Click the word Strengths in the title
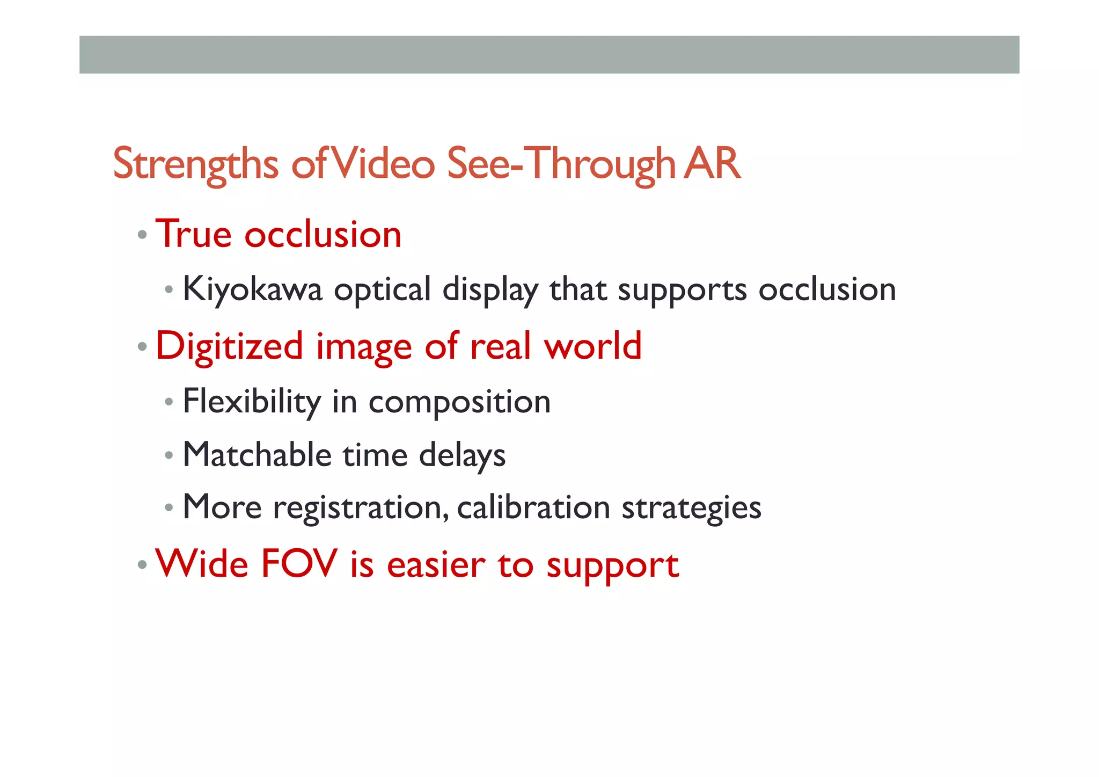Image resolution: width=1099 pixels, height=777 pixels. [x=195, y=164]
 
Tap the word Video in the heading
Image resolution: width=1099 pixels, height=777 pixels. [x=382, y=163]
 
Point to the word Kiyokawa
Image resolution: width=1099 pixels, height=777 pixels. [x=252, y=289]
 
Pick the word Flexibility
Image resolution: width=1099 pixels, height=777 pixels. [x=252, y=402]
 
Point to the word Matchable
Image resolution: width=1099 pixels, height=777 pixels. [x=257, y=455]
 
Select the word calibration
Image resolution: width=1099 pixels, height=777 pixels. [x=533, y=507]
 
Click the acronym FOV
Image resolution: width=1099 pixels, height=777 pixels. [x=299, y=564]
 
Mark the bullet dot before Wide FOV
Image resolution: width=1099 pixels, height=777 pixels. [x=142, y=565]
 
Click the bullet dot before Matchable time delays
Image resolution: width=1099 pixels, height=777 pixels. [x=169, y=456]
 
